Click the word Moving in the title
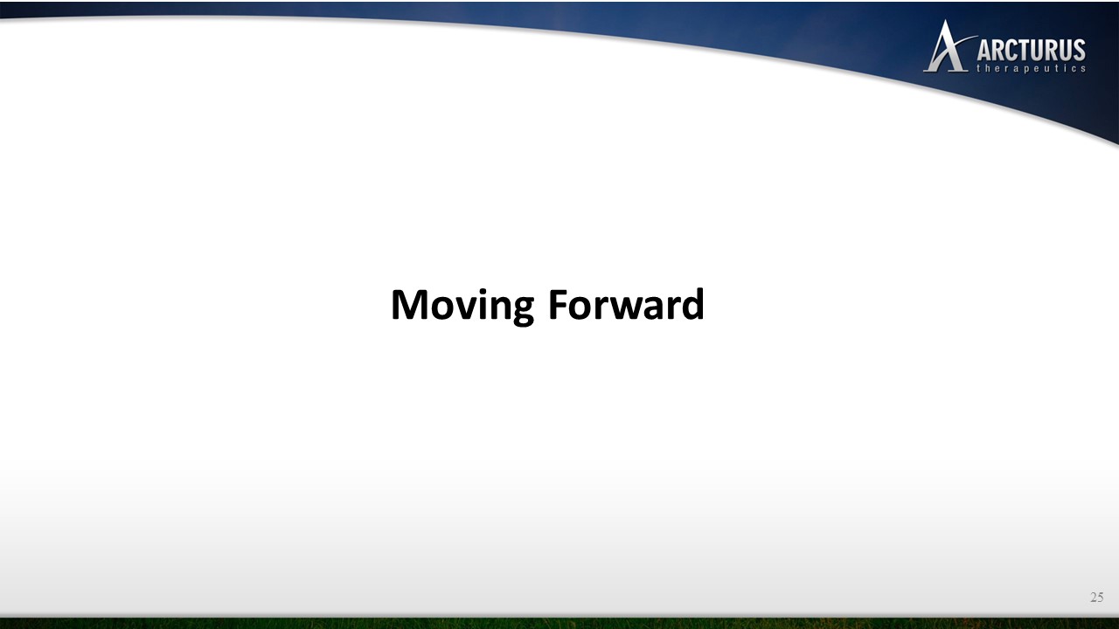(x=462, y=306)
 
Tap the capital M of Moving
(x=410, y=304)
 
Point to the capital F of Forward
(x=558, y=304)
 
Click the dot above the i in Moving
(x=483, y=291)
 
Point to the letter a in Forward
(x=662, y=308)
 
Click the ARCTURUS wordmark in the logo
(x=1031, y=50)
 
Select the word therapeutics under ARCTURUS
(x=1031, y=68)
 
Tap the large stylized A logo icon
(x=947, y=46)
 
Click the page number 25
(x=1097, y=597)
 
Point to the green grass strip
(x=559, y=624)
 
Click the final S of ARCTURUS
(x=1080, y=50)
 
